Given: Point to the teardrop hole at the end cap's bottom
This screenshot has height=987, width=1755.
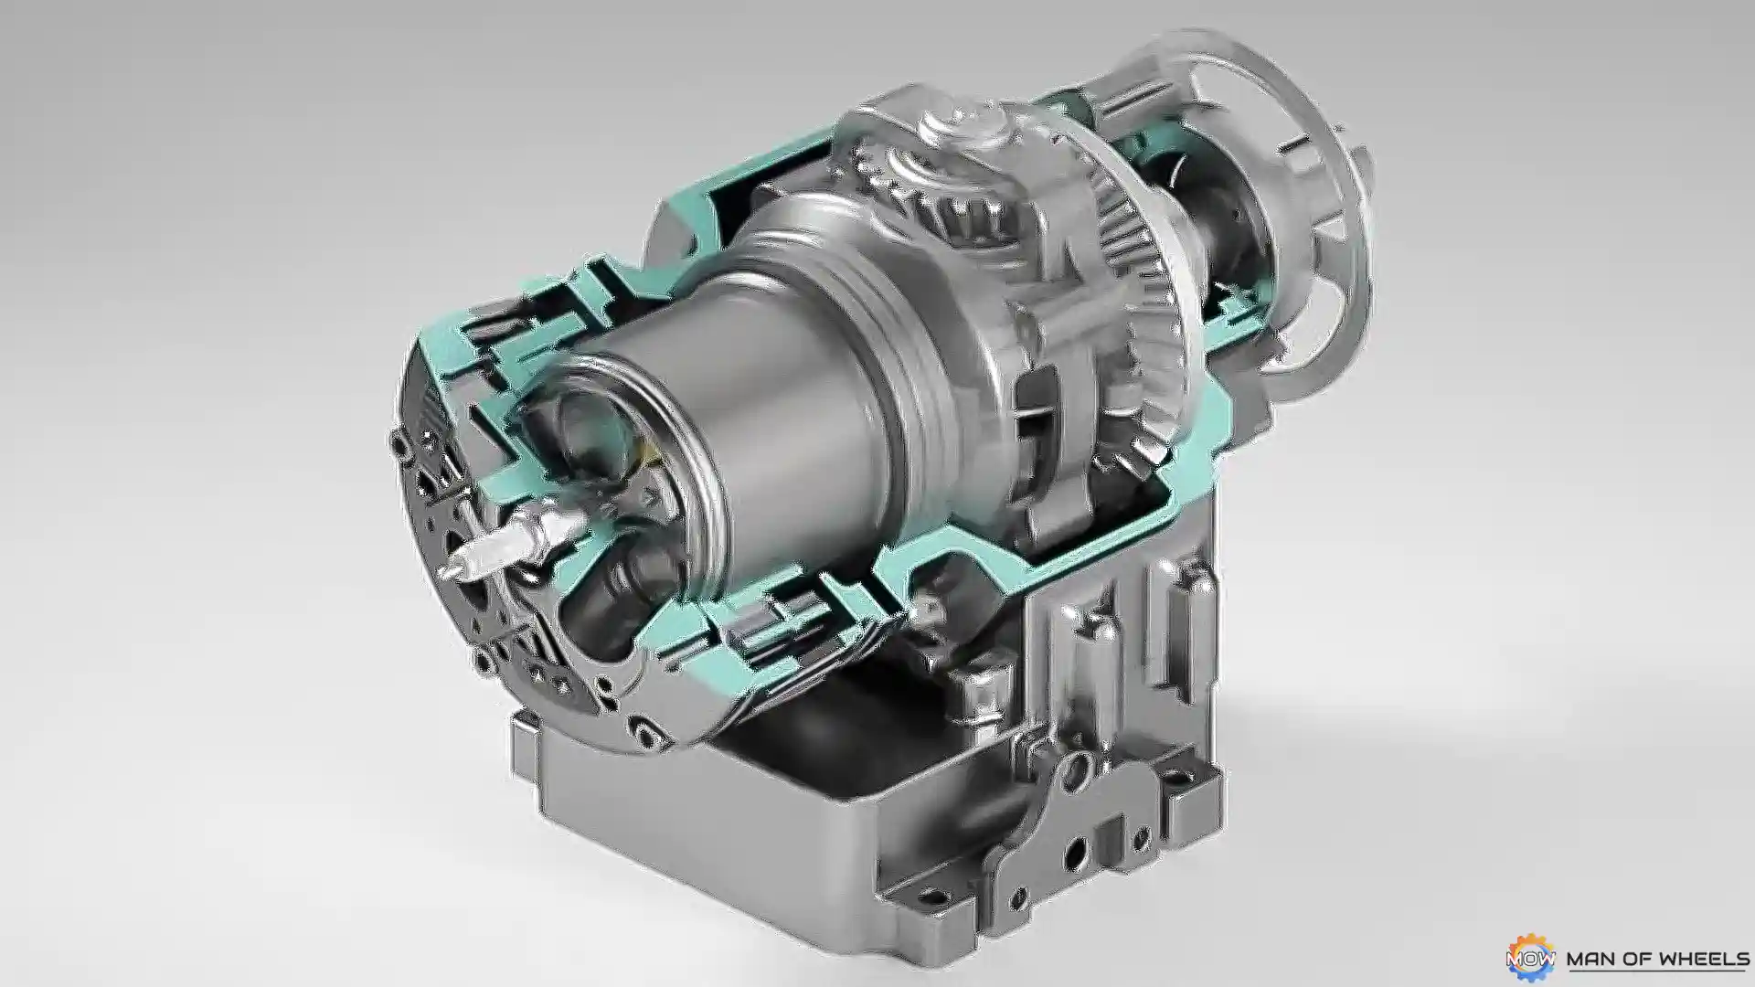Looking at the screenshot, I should point(649,735).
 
